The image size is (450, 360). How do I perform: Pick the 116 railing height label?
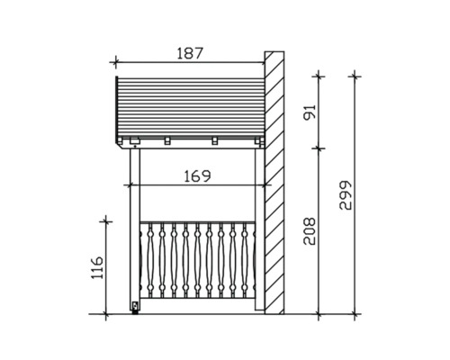point(98,266)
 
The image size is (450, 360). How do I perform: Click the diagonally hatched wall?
point(273,180)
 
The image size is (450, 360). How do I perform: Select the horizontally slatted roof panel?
point(189,106)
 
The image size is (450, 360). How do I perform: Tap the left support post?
point(135,225)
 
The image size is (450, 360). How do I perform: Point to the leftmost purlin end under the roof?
point(133,141)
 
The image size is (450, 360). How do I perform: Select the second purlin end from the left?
point(168,141)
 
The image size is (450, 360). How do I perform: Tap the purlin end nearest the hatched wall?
point(258,141)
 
